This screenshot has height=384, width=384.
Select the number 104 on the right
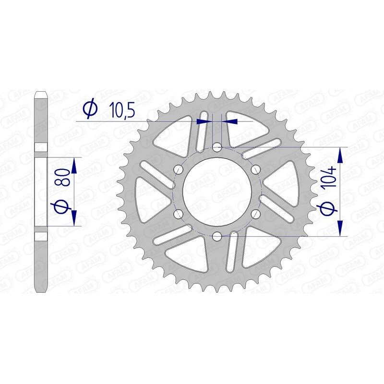pyautogui.click(x=332, y=178)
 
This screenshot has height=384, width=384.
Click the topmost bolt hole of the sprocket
pyautogui.click(x=217, y=147)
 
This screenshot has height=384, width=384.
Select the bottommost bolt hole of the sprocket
pyautogui.click(x=217, y=236)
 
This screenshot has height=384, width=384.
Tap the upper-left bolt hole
pyautogui.click(x=179, y=169)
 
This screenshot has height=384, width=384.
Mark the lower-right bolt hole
pyautogui.click(x=255, y=214)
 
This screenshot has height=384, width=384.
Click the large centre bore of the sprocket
pyautogui.click(x=217, y=191)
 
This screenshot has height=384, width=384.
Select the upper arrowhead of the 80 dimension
pyautogui.click(x=74, y=166)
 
